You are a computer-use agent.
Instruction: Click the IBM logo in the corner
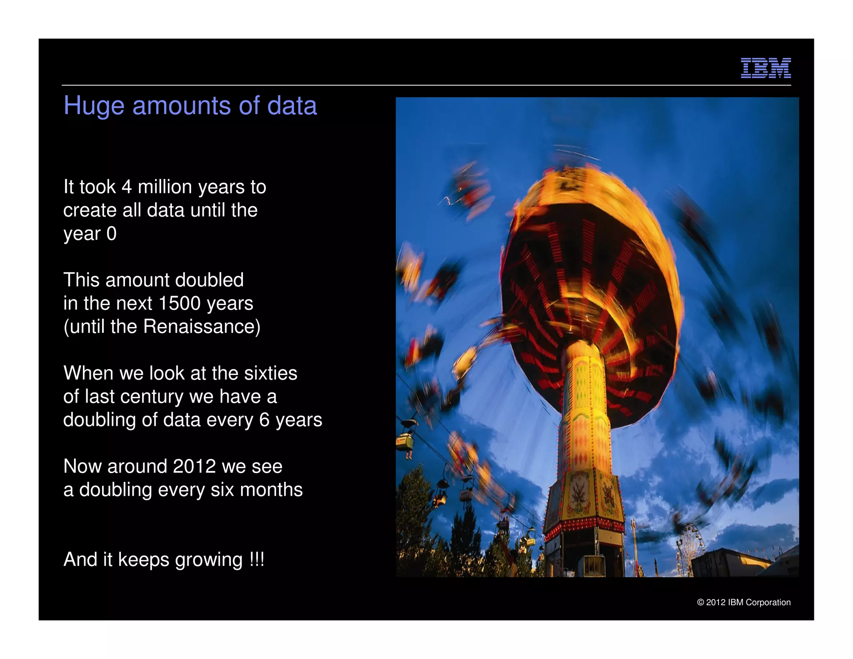click(x=766, y=68)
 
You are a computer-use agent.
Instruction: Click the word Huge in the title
click(x=94, y=106)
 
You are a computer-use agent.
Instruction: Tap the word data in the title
click(x=292, y=106)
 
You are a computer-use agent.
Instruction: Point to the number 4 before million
click(x=127, y=187)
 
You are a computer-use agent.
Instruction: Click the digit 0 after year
click(x=111, y=234)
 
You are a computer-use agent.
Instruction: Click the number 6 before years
click(x=264, y=420)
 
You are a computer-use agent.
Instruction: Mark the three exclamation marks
click(x=257, y=559)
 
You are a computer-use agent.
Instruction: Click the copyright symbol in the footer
click(x=701, y=602)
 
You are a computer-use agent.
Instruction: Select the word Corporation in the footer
click(x=768, y=602)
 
